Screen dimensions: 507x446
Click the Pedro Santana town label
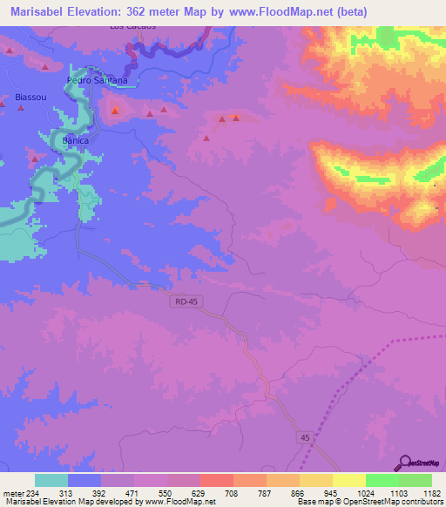[x=98, y=80]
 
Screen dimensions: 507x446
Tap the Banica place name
[x=76, y=139]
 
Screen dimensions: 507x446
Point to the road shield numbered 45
[x=302, y=437]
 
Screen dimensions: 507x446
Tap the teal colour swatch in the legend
[x=51, y=480]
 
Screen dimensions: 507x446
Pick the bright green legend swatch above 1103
[x=382, y=480]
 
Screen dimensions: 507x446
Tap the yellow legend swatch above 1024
[x=348, y=480]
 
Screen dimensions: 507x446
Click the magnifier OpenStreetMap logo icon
[x=404, y=462]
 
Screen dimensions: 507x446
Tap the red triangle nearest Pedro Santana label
[x=116, y=110]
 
